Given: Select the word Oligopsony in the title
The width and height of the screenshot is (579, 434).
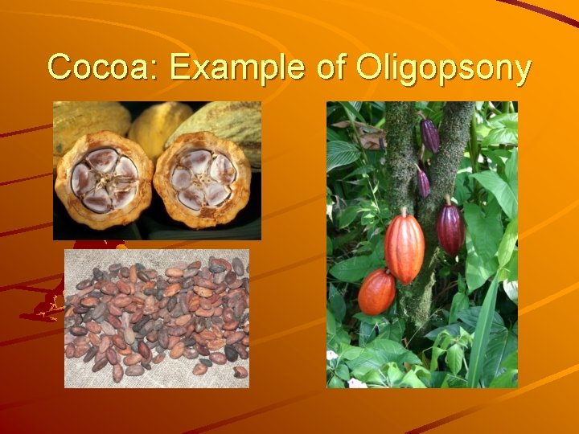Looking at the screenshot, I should coord(440,68).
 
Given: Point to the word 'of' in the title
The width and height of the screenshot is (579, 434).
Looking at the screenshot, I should coord(328,68).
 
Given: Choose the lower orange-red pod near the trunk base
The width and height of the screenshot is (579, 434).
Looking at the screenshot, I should coord(376,292).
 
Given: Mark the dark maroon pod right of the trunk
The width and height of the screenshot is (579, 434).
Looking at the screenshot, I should coord(450,227).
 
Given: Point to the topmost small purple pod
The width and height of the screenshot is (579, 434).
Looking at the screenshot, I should coord(430,134).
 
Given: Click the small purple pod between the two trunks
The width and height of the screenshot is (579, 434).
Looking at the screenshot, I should coord(423,182).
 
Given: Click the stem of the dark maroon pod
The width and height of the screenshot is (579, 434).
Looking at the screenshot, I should coord(447,199).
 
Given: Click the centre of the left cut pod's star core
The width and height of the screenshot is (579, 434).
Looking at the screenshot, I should coord(102,178).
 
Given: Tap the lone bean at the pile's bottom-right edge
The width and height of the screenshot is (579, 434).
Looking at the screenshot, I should coord(240,371).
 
